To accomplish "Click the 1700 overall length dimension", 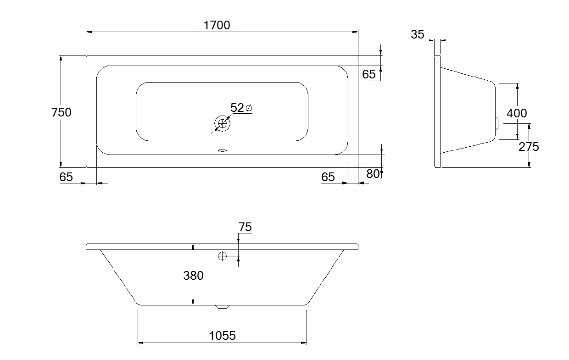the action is click(217, 25).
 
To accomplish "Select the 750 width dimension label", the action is click(61, 112).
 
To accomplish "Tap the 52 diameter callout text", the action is click(237, 108).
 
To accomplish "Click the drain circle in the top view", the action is click(222, 123).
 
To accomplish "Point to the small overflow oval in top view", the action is click(222, 150).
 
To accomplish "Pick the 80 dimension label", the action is click(373, 174).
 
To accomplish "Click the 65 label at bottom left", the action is click(66, 177).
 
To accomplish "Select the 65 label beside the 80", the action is click(328, 177).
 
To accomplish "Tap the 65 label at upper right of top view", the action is click(369, 74).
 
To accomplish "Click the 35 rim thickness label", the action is click(418, 34).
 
